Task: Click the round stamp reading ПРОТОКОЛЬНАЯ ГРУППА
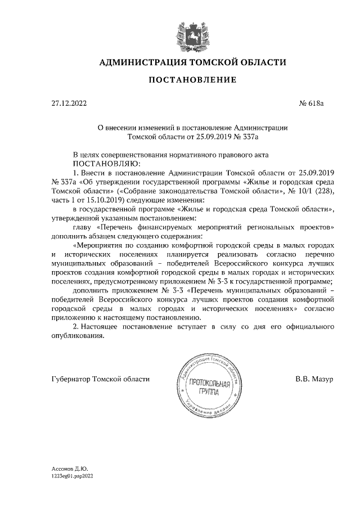(208, 389)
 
